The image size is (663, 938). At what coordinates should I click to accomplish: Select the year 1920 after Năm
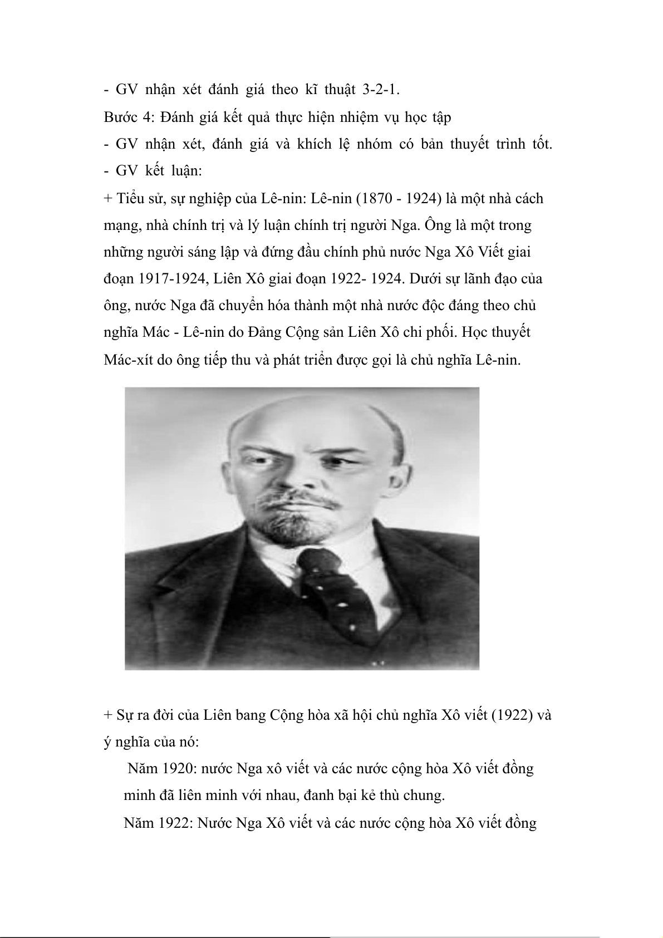pos(179,769)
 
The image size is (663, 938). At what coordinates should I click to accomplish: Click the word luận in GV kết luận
pos(186,171)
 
